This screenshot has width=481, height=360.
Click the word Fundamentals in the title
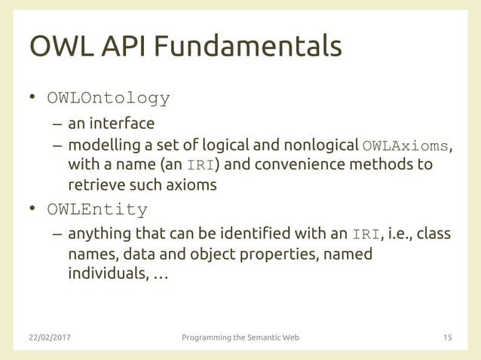click(249, 46)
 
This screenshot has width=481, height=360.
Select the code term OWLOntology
click(109, 99)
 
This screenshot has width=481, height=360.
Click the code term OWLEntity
click(97, 209)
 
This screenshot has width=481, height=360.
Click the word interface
click(122, 123)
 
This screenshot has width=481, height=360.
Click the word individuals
click(106, 273)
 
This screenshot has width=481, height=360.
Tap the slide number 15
click(447, 337)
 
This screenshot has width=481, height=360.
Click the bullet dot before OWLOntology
click(33, 99)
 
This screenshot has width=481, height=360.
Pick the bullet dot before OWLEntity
click(33, 209)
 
